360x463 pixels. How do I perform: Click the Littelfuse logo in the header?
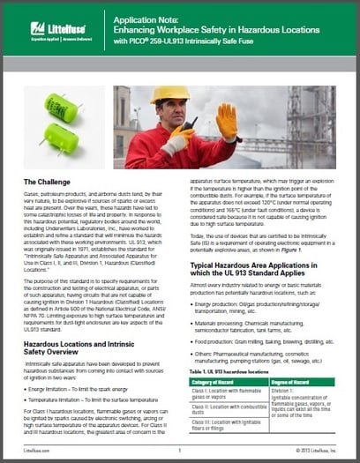56,27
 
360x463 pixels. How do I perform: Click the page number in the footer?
179,449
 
